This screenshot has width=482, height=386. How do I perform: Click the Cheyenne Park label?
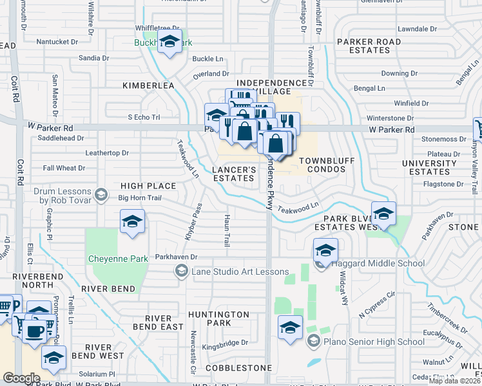[118, 259]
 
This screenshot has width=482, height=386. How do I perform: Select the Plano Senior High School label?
[374, 342]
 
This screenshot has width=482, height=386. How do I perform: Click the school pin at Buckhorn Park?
[169, 42]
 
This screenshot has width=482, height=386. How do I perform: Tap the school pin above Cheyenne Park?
[132, 223]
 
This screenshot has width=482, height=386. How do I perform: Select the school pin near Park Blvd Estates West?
[383, 214]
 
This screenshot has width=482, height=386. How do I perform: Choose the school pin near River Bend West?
[53, 358]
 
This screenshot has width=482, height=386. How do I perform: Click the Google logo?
[21, 378]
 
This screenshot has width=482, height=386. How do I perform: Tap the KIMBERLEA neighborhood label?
[149, 85]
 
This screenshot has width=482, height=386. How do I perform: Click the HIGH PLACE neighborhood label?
[148, 186]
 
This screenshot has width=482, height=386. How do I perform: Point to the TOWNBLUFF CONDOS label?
[313, 163]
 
